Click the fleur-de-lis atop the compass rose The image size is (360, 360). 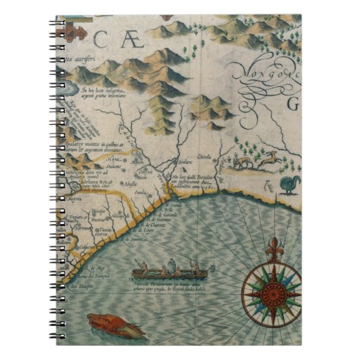pyautogui.click(x=275, y=247)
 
